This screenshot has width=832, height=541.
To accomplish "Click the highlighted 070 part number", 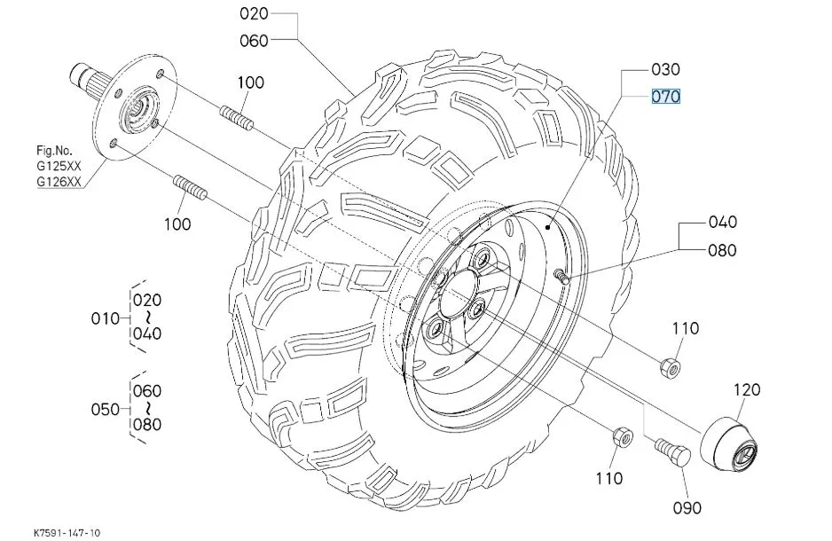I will point(666,96).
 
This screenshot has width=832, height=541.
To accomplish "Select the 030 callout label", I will point(665,70).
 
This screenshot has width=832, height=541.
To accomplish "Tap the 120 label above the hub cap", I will point(748,389).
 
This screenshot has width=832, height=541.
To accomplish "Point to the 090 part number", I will point(687,508).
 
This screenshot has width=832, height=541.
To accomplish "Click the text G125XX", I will point(59,166).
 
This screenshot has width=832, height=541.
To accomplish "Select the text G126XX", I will point(59,183).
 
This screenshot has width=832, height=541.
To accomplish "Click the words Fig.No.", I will point(53,150).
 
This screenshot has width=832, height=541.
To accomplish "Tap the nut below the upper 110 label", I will point(671,365).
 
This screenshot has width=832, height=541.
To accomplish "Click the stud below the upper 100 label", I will point(235,115).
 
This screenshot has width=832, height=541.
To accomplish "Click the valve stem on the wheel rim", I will point(561,278).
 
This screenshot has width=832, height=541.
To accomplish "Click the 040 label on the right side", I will point(722,223).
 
